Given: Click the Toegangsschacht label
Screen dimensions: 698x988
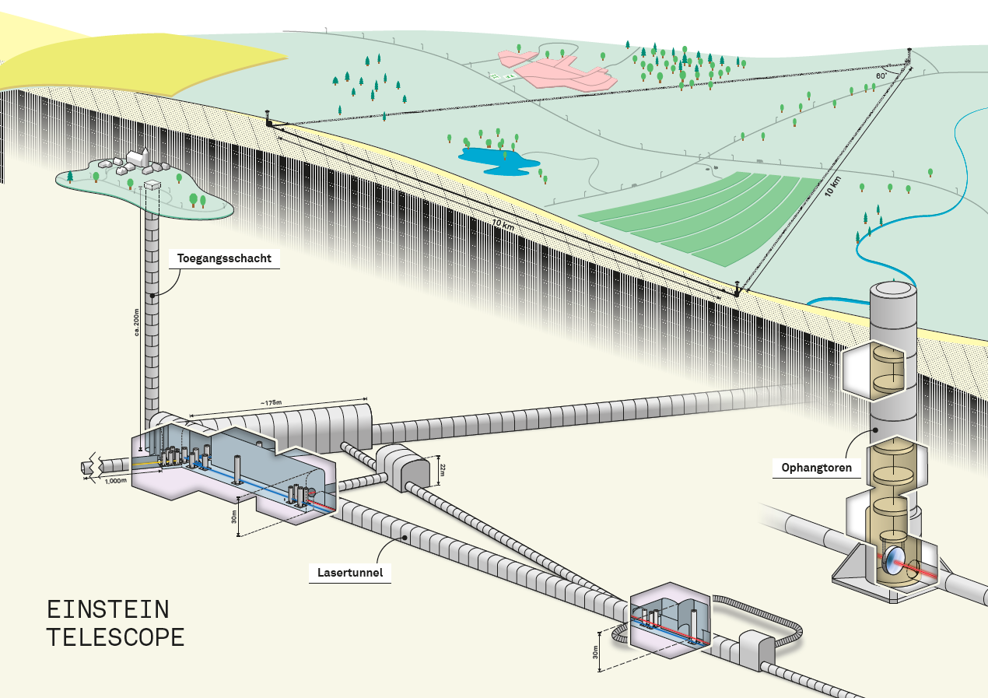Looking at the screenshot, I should (x=224, y=258).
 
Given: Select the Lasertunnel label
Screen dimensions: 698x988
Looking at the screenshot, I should (x=350, y=573).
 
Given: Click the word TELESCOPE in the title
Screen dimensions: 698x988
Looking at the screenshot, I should (x=115, y=637).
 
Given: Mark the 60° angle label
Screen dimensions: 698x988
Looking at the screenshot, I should (x=881, y=76).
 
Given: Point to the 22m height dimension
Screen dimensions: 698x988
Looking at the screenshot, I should (x=440, y=468).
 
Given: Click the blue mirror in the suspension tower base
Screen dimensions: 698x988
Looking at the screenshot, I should (x=894, y=559).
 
